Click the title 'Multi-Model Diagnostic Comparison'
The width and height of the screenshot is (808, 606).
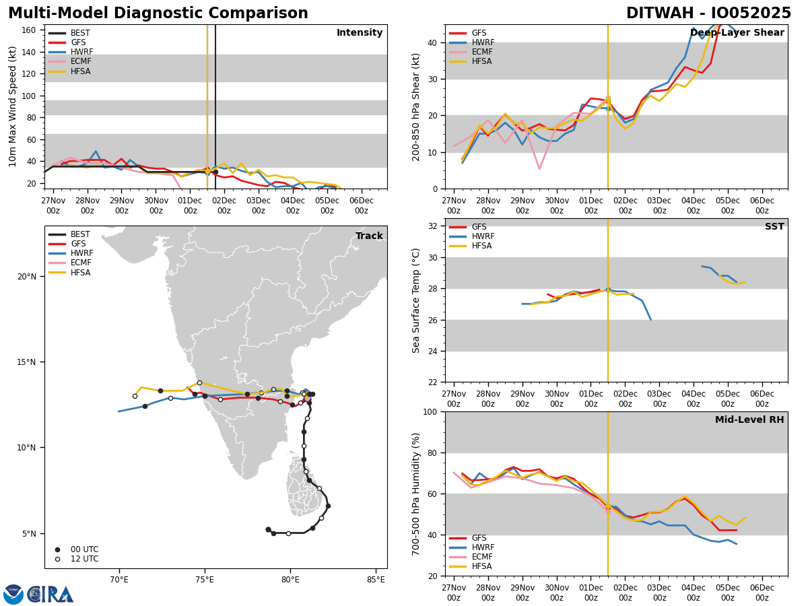pyautogui.click(x=158, y=13)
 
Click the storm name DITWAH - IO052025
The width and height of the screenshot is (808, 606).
pyautogui.click(x=708, y=13)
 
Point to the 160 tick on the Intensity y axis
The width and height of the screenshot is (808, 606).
pyautogui.click(x=29, y=30)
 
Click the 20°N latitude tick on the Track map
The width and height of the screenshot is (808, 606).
pyautogui.click(x=27, y=277)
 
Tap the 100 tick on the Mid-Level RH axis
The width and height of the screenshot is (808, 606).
pyautogui.click(x=429, y=412)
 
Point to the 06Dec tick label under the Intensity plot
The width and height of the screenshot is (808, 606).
pyautogui.click(x=362, y=205)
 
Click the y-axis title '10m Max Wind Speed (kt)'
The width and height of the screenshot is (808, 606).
pyautogui.click(x=13, y=106)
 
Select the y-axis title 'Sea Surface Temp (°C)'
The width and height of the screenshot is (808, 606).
pyautogui.click(x=416, y=300)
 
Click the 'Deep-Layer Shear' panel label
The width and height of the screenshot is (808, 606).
pyautogui.click(x=737, y=33)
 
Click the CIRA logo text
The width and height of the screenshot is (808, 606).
pyautogui.click(x=50, y=595)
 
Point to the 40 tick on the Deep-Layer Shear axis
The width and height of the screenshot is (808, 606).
pyautogui.click(x=431, y=43)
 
